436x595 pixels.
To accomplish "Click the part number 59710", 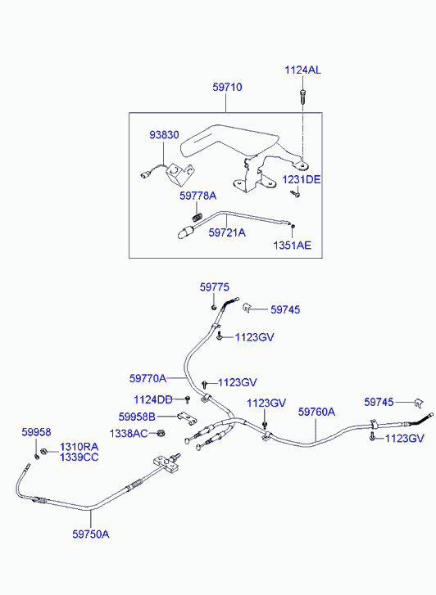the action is pos(227,88).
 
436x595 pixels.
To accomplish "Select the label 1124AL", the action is pos(302,70).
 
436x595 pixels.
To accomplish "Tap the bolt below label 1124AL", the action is pos(302,96).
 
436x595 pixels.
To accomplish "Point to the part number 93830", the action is pos(164,135).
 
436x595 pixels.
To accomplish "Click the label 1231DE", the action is pos(302,179).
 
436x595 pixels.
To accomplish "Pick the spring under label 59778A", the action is pos(197,217).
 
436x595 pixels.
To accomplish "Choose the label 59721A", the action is pos(227,232).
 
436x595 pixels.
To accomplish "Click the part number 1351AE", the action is pos(292,246).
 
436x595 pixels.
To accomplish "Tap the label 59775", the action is pos(215,287).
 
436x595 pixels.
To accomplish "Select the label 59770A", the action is pos(148,378).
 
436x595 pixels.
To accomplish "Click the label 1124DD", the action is pos(152,399).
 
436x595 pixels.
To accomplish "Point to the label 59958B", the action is pos(137,417).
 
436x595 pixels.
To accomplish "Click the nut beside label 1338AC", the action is pos(161,433).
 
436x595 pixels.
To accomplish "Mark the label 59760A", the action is pos(316,412).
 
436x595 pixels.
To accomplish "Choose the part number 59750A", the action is pos(91,534).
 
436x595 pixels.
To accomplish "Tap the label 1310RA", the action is pos(79,447).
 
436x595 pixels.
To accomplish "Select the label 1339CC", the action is pos(79,457).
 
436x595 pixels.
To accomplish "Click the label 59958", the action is pos(36,432).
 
